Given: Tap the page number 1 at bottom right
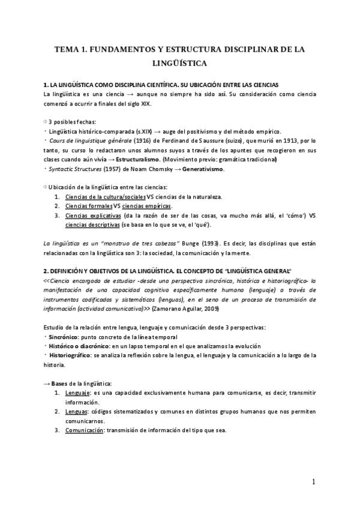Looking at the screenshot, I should [x=313, y=482].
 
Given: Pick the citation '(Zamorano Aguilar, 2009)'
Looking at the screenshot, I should [x=186, y=309].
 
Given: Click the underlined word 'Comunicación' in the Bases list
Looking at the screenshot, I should [x=85, y=430].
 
